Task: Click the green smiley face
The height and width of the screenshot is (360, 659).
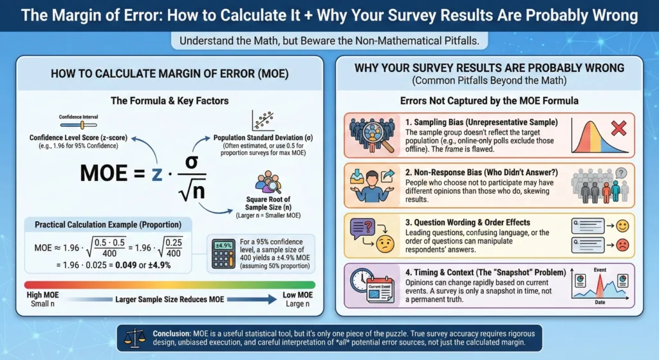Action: [622, 226]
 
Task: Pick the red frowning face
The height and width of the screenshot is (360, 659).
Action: [622, 245]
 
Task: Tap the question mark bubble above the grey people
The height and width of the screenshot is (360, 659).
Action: [620, 173]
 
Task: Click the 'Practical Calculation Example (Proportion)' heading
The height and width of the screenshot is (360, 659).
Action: [107, 225]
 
